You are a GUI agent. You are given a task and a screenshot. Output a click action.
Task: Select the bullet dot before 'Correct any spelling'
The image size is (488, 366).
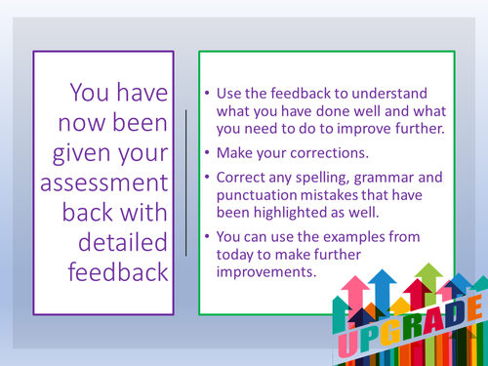(210, 178)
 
